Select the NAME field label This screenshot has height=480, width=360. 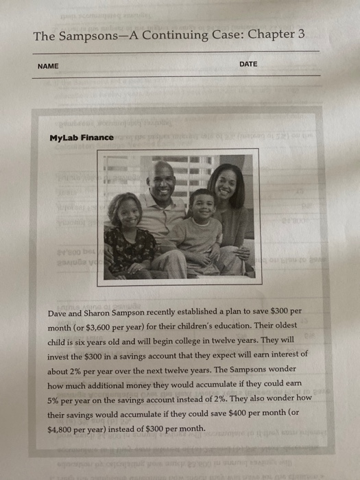click(49, 66)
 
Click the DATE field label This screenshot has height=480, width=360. click(249, 64)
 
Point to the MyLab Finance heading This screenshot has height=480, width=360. click(82, 138)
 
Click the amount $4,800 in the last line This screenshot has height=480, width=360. click(64, 429)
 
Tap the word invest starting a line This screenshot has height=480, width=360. click(60, 355)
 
